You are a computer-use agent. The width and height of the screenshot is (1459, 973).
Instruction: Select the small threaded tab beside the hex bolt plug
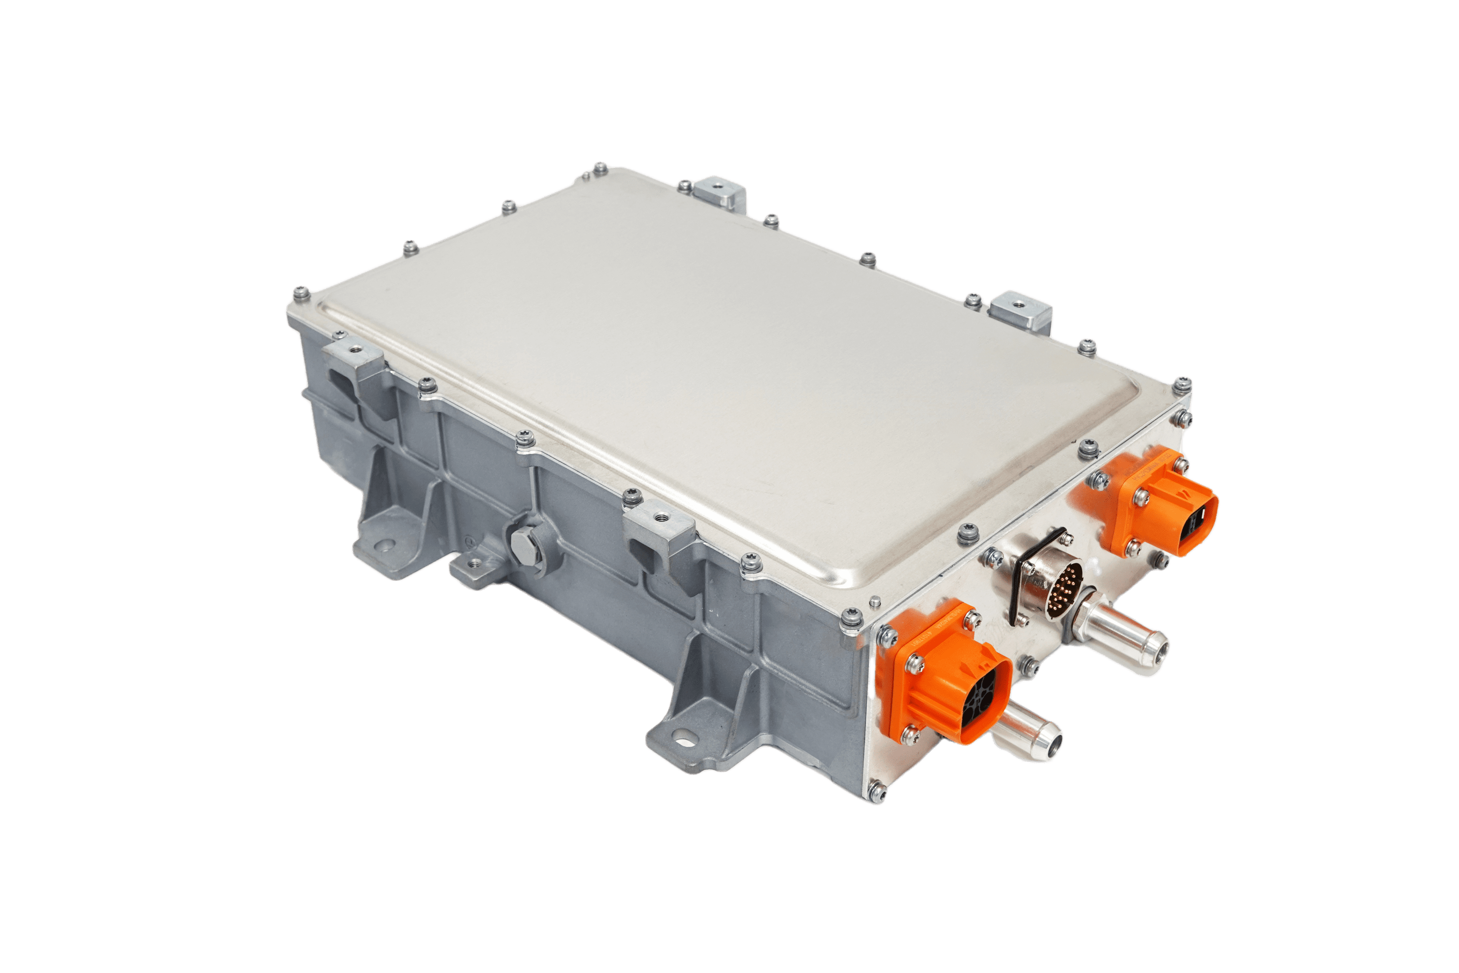pos(475,565)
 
